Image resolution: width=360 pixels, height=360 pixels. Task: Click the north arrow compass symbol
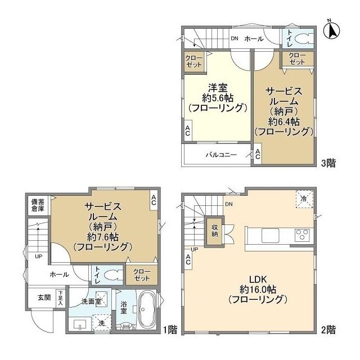pos(332,29)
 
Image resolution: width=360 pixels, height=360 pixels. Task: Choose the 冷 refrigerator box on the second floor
pos(303,199)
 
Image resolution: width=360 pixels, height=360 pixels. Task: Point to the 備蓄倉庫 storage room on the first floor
pos(38,205)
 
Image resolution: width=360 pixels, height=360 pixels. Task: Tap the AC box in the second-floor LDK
pos(187,259)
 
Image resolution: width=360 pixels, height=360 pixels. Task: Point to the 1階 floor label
pos(169,328)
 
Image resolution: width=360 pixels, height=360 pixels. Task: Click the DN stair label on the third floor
pos(233,38)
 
